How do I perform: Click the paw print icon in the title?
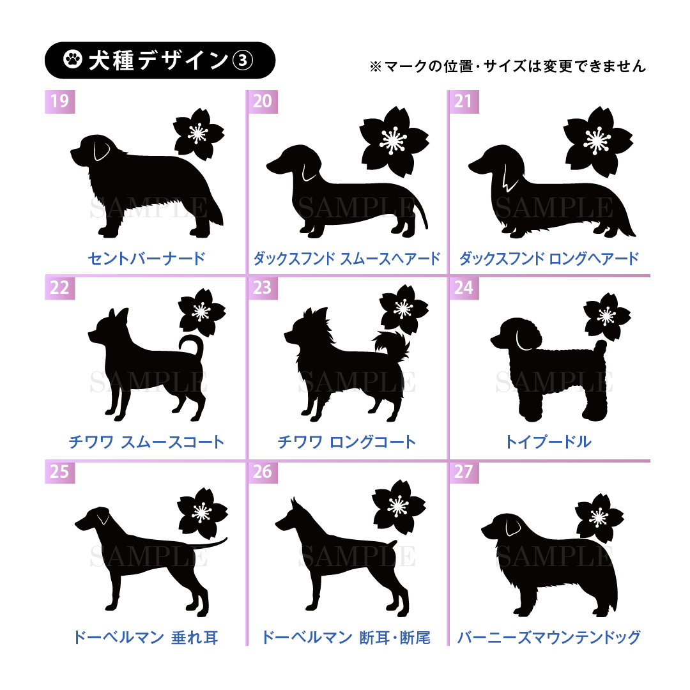pyautogui.click(x=73, y=59)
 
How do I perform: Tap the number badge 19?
pyautogui.click(x=60, y=101)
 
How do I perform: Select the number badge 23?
pyautogui.click(x=263, y=287)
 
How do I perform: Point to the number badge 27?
pyautogui.click(x=464, y=471)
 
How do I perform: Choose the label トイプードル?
pyautogui.click(x=548, y=442)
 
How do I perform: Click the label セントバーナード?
pyautogui.click(x=146, y=258)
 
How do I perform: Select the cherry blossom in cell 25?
pyautogui.click(x=202, y=513)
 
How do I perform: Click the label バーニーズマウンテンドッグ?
pyautogui.click(x=549, y=637)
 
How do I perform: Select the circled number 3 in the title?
pyautogui.click(x=243, y=60)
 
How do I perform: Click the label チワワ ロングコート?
pyautogui.click(x=347, y=442)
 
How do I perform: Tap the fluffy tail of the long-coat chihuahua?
pyautogui.click(x=392, y=343)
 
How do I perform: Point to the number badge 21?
pyautogui.click(x=464, y=101)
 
